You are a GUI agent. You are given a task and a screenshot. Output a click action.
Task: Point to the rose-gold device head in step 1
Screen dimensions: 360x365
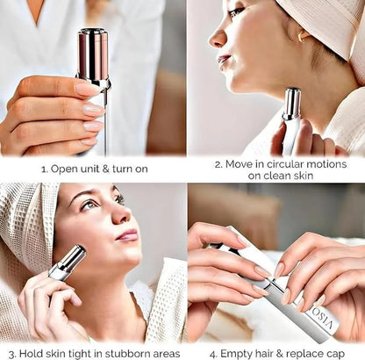tap(91, 57)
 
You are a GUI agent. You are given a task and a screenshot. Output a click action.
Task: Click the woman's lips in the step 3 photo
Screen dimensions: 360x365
tap(126, 234)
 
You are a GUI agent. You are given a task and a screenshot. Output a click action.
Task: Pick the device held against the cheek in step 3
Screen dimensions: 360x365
tap(68, 263)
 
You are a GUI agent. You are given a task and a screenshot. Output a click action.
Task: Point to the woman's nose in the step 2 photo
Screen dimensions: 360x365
tap(215, 40)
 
